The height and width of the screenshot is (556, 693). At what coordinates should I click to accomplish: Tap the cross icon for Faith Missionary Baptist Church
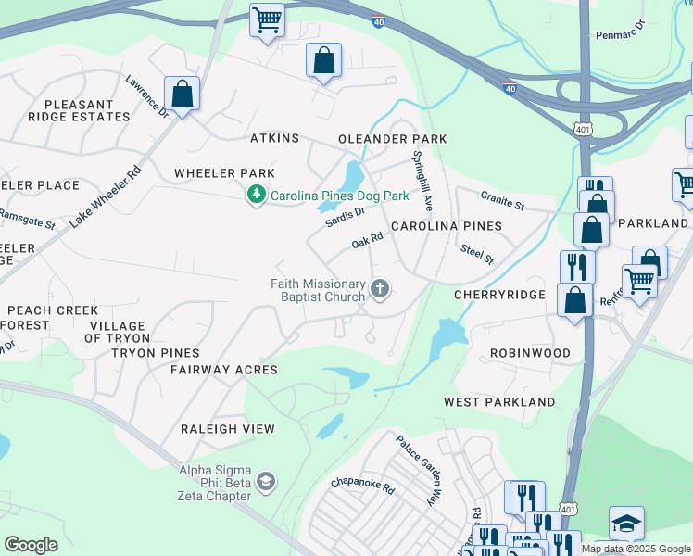tap(379, 290)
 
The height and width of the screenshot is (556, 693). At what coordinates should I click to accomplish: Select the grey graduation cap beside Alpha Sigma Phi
tap(266, 480)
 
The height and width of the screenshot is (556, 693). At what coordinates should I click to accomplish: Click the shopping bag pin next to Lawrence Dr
tap(183, 95)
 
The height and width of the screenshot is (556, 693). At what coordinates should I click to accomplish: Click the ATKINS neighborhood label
tap(275, 138)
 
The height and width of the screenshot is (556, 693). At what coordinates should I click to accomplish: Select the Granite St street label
tap(502, 198)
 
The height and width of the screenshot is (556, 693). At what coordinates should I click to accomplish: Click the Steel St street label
tap(477, 254)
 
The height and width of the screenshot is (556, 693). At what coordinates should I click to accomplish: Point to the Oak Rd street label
tap(367, 242)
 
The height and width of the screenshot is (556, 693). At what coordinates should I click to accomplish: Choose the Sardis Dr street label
tap(346, 217)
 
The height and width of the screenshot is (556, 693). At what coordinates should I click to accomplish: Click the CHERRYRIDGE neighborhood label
tap(497, 294)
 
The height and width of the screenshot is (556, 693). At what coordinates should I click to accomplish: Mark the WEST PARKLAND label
tap(499, 402)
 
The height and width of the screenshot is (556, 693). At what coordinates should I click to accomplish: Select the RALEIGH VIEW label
tap(227, 429)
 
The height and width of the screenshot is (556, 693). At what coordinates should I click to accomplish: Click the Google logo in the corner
tap(31, 544)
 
